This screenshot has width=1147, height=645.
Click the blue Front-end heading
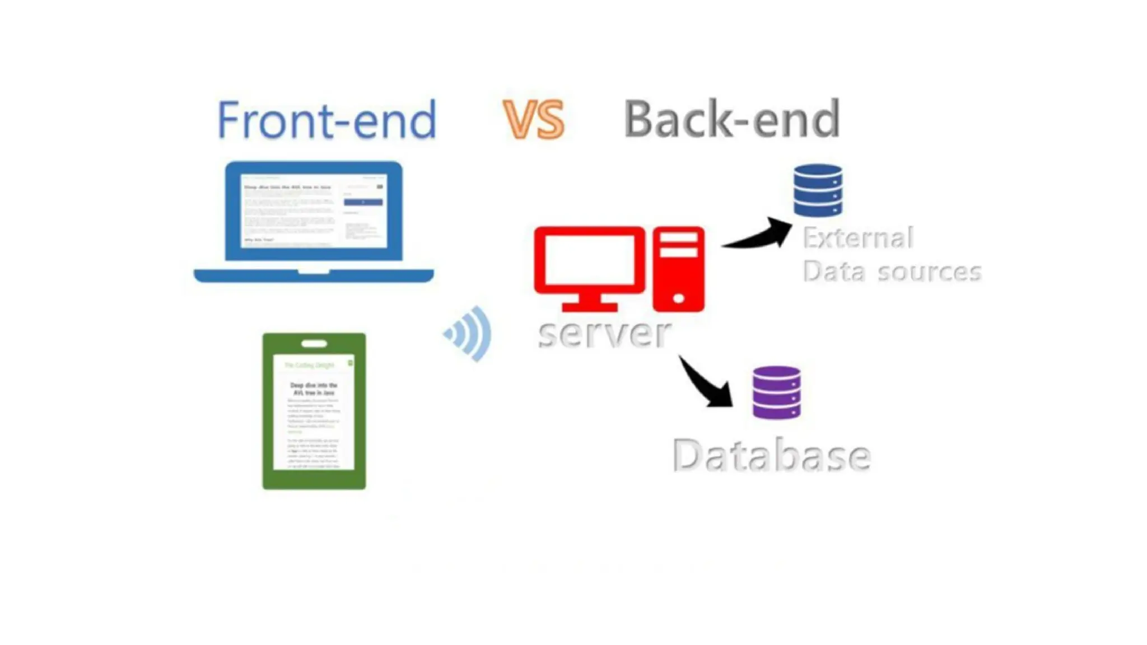327,119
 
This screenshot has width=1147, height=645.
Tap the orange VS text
533,119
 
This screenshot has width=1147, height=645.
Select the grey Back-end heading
731,119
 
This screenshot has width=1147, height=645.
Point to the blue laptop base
314,275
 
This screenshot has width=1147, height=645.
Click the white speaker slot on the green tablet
314,343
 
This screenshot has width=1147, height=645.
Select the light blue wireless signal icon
469,334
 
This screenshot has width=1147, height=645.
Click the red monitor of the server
589,259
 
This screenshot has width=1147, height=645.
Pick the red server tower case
678,269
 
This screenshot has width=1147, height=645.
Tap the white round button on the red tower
678,298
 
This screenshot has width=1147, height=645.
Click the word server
604,334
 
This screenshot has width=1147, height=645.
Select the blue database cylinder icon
818,190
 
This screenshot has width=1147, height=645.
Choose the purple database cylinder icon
776,392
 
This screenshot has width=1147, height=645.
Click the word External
858,238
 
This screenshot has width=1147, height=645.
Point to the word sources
929,272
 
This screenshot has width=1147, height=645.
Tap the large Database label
771,455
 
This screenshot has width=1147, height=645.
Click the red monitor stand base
589,306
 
